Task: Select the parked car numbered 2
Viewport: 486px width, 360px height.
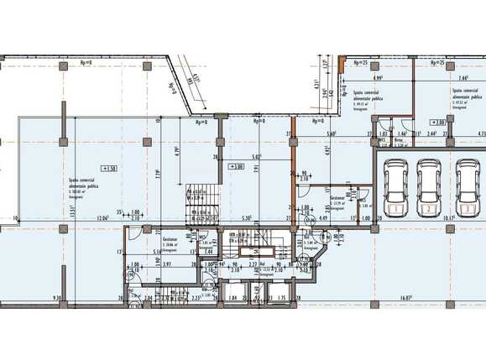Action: (x=429, y=185)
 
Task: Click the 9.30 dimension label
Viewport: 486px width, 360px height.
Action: (x=57, y=297)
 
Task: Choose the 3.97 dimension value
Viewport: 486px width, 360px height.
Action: (x=165, y=264)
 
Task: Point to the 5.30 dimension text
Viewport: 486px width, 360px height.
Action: (x=245, y=219)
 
